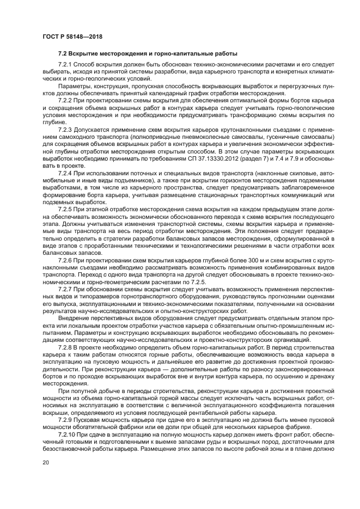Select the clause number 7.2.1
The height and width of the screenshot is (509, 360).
click(65, 64)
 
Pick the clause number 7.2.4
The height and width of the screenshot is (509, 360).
click(65, 173)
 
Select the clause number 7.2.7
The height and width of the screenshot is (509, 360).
click(65, 290)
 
